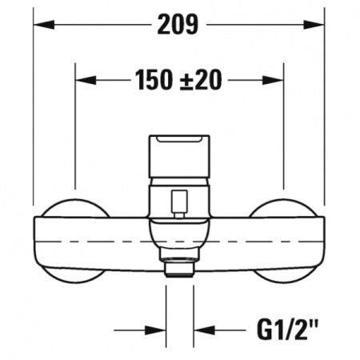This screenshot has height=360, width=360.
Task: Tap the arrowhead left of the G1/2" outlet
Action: (157, 328)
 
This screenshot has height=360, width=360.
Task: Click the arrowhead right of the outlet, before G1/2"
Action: (203, 328)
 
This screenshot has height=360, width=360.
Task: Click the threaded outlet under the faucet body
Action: (179, 268)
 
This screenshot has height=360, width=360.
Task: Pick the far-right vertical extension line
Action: (324, 120)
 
